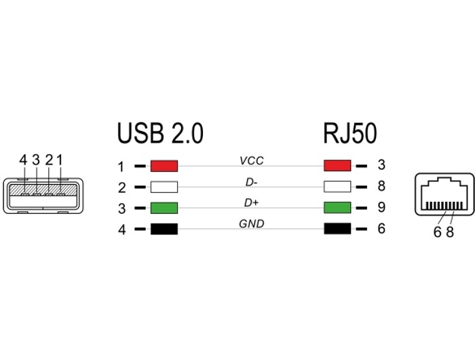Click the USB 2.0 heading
[x=160, y=133]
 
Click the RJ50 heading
[x=350, y=133]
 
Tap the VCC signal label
[x=252, y=161]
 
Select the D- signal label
[x=252, y=182]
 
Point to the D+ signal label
[x=252, y=203]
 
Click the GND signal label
[x=252, y=224]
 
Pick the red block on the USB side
[x=164, y=166]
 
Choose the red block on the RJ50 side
[x=337, y=166]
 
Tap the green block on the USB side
[x=164, y=208]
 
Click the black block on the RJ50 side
[x=337, y=229]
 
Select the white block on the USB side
[x=164, y=187]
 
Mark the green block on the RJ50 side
[x=337, y=207]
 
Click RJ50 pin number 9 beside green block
[x=381, y=207]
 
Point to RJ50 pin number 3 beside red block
[x=381, y=164]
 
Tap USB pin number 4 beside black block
[x=121, y=230]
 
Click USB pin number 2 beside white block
[x=121, y=187]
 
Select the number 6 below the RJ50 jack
[x=437, y=232]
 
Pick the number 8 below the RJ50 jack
[x=450, y=232]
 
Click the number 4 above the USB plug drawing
[x=23, y=160]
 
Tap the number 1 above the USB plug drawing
[x=60, y=160]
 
